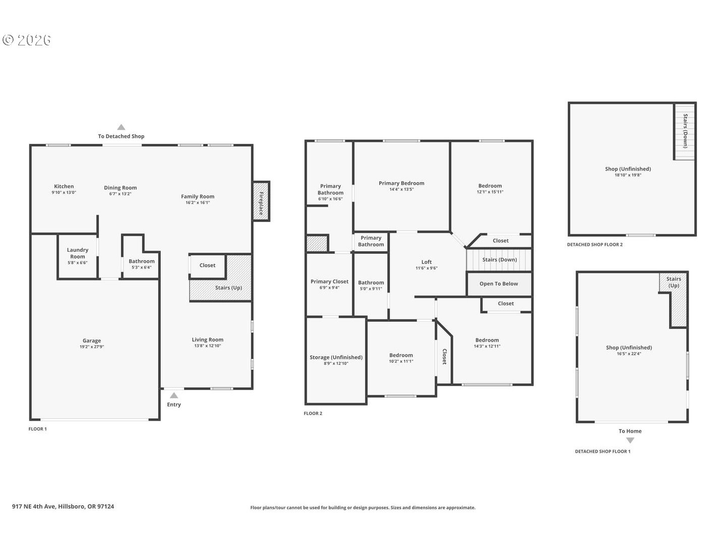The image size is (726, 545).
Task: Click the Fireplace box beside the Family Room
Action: tap(261, 201)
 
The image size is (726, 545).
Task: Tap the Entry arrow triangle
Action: tap(174, 396)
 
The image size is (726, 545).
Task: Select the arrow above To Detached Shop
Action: tap(121, 127)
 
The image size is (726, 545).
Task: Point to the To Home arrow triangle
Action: tap(630, 441)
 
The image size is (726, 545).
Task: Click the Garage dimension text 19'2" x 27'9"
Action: tap(92, 347)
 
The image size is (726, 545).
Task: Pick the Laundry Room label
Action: tap(78, 253)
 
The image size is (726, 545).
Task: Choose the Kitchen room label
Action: tap(64, 186)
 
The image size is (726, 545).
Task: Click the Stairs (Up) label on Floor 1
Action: tap(228, 288)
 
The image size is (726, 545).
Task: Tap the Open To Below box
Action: tap(499, 284)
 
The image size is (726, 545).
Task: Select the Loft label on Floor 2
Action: tap(427, 262)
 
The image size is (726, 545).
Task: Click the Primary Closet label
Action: tap(329, 281)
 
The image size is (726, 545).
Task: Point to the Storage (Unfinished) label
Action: tap(336, 357)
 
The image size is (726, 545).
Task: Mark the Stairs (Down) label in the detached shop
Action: tap(685, 131)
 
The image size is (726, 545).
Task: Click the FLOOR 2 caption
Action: tap(313, 413)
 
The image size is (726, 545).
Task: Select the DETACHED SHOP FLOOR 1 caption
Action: tap(602, 451)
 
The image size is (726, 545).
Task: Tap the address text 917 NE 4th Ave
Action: tap(34, 506)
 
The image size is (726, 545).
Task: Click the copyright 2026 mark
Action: tap(26, 40)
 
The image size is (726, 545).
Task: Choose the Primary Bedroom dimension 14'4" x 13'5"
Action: tap(401, 189)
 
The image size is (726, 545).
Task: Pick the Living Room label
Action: tap(207, 340)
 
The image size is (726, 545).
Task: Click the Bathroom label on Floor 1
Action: tap(142, 261)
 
